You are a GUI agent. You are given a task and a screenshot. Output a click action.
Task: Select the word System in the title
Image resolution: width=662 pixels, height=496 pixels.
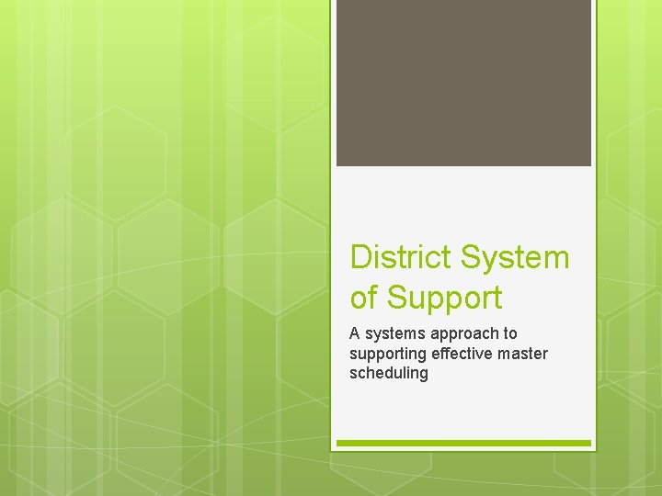pyautogui.click(x=516, y=258)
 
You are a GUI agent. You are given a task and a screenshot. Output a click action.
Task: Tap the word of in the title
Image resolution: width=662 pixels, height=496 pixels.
pyautogui.click(x=364, y=298)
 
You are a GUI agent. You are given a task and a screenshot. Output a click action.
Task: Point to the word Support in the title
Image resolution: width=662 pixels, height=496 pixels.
pyautogui.click(x=444, y=299)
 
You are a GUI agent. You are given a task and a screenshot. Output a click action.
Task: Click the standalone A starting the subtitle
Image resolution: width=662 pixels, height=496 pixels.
pyautogui.click(x=355, y=333)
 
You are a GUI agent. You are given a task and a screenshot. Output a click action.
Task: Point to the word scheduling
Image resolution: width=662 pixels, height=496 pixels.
pyautogui.click(x=389, y=374)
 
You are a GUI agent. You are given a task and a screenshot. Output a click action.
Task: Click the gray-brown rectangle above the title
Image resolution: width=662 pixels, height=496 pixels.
pyautogui.click(x=463, y=83)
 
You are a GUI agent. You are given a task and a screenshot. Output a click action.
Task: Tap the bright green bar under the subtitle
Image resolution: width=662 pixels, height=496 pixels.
pyautogui.click(x=463, y=443)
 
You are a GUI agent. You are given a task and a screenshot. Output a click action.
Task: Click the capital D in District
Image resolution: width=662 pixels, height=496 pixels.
pyautogui.click(x=360, y=258)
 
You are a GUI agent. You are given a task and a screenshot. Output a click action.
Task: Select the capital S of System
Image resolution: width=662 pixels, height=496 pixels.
pyautogui.click(x=472, y=258)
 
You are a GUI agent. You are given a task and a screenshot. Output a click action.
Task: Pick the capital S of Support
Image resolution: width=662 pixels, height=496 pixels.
pyautogui.click(x=395, y=298)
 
